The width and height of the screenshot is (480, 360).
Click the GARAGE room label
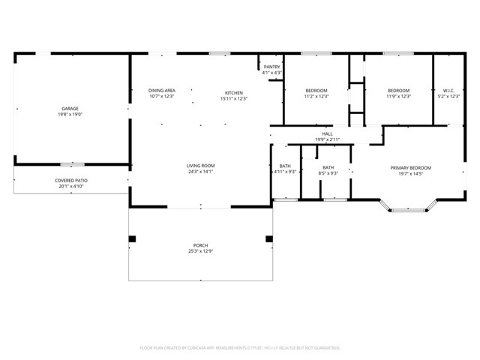point(70,109)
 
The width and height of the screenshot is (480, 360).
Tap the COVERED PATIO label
point(71,181)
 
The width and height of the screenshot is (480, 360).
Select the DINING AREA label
point(161,90)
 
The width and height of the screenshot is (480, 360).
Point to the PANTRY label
point(271,67)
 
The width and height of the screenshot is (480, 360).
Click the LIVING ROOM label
point(201,165)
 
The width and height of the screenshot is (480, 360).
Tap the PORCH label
point(201,245)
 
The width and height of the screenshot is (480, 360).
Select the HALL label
point(327,133)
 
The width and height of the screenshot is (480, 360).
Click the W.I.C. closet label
point(448,90)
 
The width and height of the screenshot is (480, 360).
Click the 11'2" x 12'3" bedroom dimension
point(316,96)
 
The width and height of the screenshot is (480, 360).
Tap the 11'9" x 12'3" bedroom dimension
point(398,96)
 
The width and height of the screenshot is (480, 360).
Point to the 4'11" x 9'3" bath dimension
point(285,173)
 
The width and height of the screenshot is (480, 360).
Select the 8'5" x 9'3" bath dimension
point(328,173)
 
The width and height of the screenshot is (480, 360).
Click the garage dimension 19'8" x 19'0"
point(70,115)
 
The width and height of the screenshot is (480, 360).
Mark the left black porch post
point(133,239)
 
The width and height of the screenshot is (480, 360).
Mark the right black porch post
point(268,239)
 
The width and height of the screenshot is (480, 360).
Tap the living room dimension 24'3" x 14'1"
point(201,171)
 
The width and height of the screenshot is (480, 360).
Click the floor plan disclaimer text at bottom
point(240,348)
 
